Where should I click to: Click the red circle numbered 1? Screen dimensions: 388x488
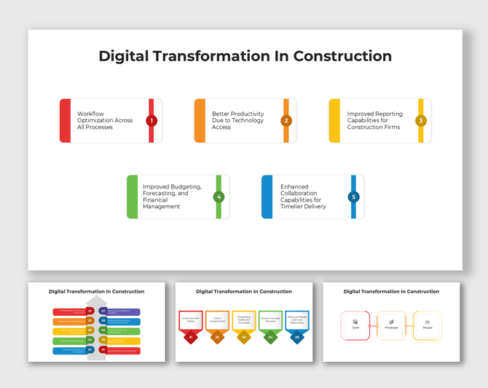click(x=151, y=121)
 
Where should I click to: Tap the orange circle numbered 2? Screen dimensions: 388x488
click(x=286, y=121)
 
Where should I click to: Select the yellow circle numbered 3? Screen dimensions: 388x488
click(x=421, y=121)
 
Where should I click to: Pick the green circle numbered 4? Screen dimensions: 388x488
click(x=219, y=197)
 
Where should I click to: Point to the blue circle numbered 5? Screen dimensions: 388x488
click(x=353, y=197)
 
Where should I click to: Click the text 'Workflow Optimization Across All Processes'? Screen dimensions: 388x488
click(x=105, y=121)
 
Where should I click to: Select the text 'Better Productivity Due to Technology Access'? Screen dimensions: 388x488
click(x=237, y=121)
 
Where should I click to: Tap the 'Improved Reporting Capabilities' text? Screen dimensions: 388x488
click(x=374, y=121)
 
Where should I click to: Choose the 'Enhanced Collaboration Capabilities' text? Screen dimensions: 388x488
click(x=303, y=197)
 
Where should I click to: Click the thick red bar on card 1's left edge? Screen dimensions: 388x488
click(x=66, y=121)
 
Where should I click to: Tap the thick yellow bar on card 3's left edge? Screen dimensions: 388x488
click(x=334, y=121)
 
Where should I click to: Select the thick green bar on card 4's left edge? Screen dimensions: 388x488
click(x=133, y=197)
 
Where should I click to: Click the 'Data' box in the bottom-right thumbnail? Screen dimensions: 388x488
click(x=355, y=325)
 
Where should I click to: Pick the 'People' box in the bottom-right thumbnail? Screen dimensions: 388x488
click(x=428, y=325)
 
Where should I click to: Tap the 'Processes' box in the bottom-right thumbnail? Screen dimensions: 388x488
click(x=391, y=325)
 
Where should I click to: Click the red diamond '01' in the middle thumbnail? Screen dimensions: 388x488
click(x=190, y=337)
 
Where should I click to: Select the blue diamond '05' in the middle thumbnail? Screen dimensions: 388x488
click(x=296, y=337)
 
